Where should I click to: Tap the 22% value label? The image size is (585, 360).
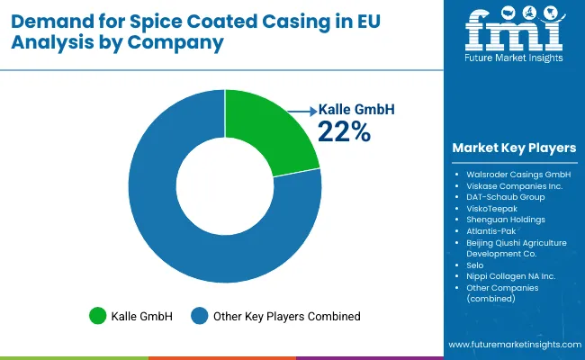point(343,131)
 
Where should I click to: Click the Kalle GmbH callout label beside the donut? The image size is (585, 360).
point(357,110)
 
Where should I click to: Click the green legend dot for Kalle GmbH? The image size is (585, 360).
point(96,316)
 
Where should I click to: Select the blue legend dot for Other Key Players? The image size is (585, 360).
point(199,316)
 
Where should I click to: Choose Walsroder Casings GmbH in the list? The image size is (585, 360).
point(518,174)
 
